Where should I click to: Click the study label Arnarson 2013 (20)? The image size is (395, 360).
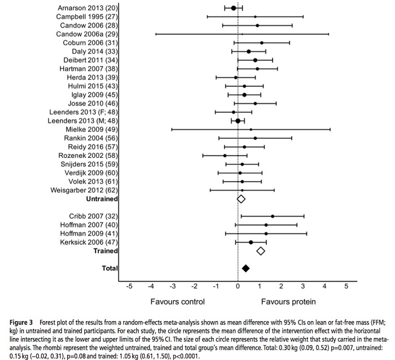[88, 8]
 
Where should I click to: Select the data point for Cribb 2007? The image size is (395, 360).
[273, 216]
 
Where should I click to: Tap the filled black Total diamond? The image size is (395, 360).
[245, 268]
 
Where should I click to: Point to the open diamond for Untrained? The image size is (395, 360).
[241, 199]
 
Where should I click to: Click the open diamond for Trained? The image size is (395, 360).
[261, 251]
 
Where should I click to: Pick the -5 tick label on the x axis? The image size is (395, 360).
[129, 286]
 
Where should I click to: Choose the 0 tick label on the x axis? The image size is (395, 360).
[238, 286]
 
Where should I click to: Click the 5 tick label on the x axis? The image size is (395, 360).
[346, 286]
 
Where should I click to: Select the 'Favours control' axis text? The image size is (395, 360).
[177, 301]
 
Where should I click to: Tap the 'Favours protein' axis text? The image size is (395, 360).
[288, 301]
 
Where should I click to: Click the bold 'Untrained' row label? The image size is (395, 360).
[102, 199]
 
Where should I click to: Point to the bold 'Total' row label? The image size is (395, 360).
[109, 268]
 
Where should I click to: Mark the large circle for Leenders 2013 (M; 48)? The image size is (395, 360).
[238, 121]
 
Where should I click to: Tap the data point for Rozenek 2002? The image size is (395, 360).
[225, 155]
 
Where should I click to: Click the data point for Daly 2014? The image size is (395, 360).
[248, 51]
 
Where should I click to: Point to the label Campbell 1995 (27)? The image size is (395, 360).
[86, 17]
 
